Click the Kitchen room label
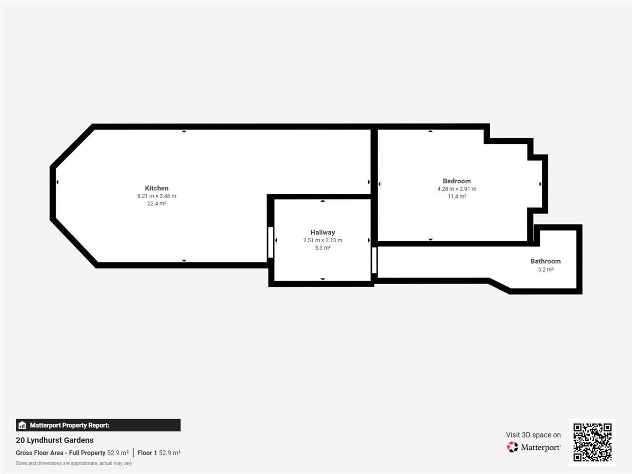(156, 188)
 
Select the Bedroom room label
(457, 181)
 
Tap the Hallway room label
(322, 233)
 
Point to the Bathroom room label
(546, 261)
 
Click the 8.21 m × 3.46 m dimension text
(156, 196)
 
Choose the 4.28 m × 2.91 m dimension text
(457, 189)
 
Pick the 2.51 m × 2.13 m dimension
(322, 240)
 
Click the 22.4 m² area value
(156, 204)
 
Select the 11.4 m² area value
(457, 196)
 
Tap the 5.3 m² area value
(322, 248)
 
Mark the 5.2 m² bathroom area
(546, 270)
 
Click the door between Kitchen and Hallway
(271, 242)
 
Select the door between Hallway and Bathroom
(374, 260)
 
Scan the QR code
(592, 442)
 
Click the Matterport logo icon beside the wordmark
(512, 447)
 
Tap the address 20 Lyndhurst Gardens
(55, 440)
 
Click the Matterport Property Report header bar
(98, 425)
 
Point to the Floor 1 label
(147, 453)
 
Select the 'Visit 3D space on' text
(533, 435)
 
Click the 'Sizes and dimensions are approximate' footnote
(74, 463)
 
